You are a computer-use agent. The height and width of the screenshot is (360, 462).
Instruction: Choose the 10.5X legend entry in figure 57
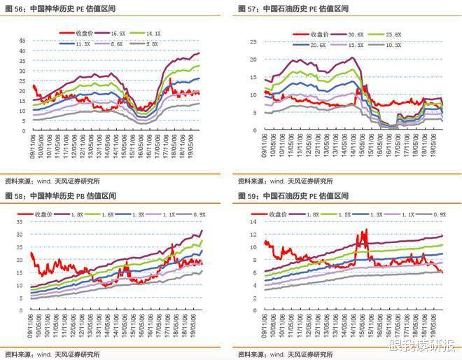tap(392, 43)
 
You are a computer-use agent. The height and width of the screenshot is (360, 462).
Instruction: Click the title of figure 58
tap(59, 195)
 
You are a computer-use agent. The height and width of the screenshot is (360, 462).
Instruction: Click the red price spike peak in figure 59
tap(365, 230)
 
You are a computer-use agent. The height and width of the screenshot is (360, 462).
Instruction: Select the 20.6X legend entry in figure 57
tap(315, 43)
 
